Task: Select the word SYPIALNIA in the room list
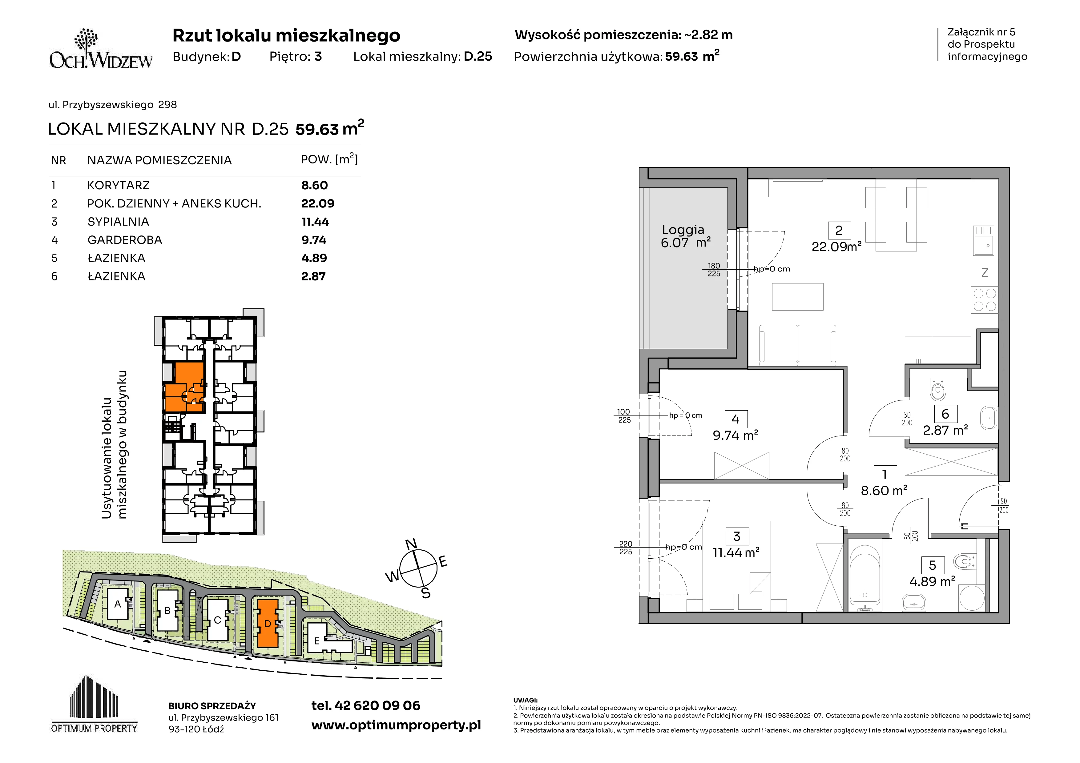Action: pos(118,222)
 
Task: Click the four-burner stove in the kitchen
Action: pos(985,300)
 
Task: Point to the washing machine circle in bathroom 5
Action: pos(971,597)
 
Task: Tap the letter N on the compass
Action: pos(411,544)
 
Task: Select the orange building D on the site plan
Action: pos(267,623)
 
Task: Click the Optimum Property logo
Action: pos(94,704)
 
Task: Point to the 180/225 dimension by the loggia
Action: pos(714,269)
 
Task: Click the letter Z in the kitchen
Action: pos(985,273)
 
